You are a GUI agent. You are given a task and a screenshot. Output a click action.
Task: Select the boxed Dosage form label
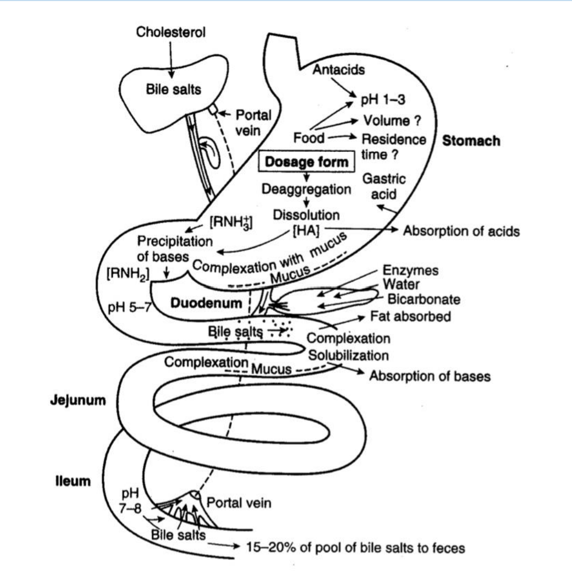306,162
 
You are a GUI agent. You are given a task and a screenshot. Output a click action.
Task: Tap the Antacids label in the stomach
338,69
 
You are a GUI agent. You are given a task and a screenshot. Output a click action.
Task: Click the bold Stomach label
471,141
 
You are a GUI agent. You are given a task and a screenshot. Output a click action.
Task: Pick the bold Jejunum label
78,400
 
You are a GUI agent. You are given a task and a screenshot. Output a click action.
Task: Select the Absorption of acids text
461,231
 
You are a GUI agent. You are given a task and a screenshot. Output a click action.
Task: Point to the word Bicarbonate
424,299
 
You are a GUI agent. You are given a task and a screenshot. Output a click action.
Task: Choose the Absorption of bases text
430,376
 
